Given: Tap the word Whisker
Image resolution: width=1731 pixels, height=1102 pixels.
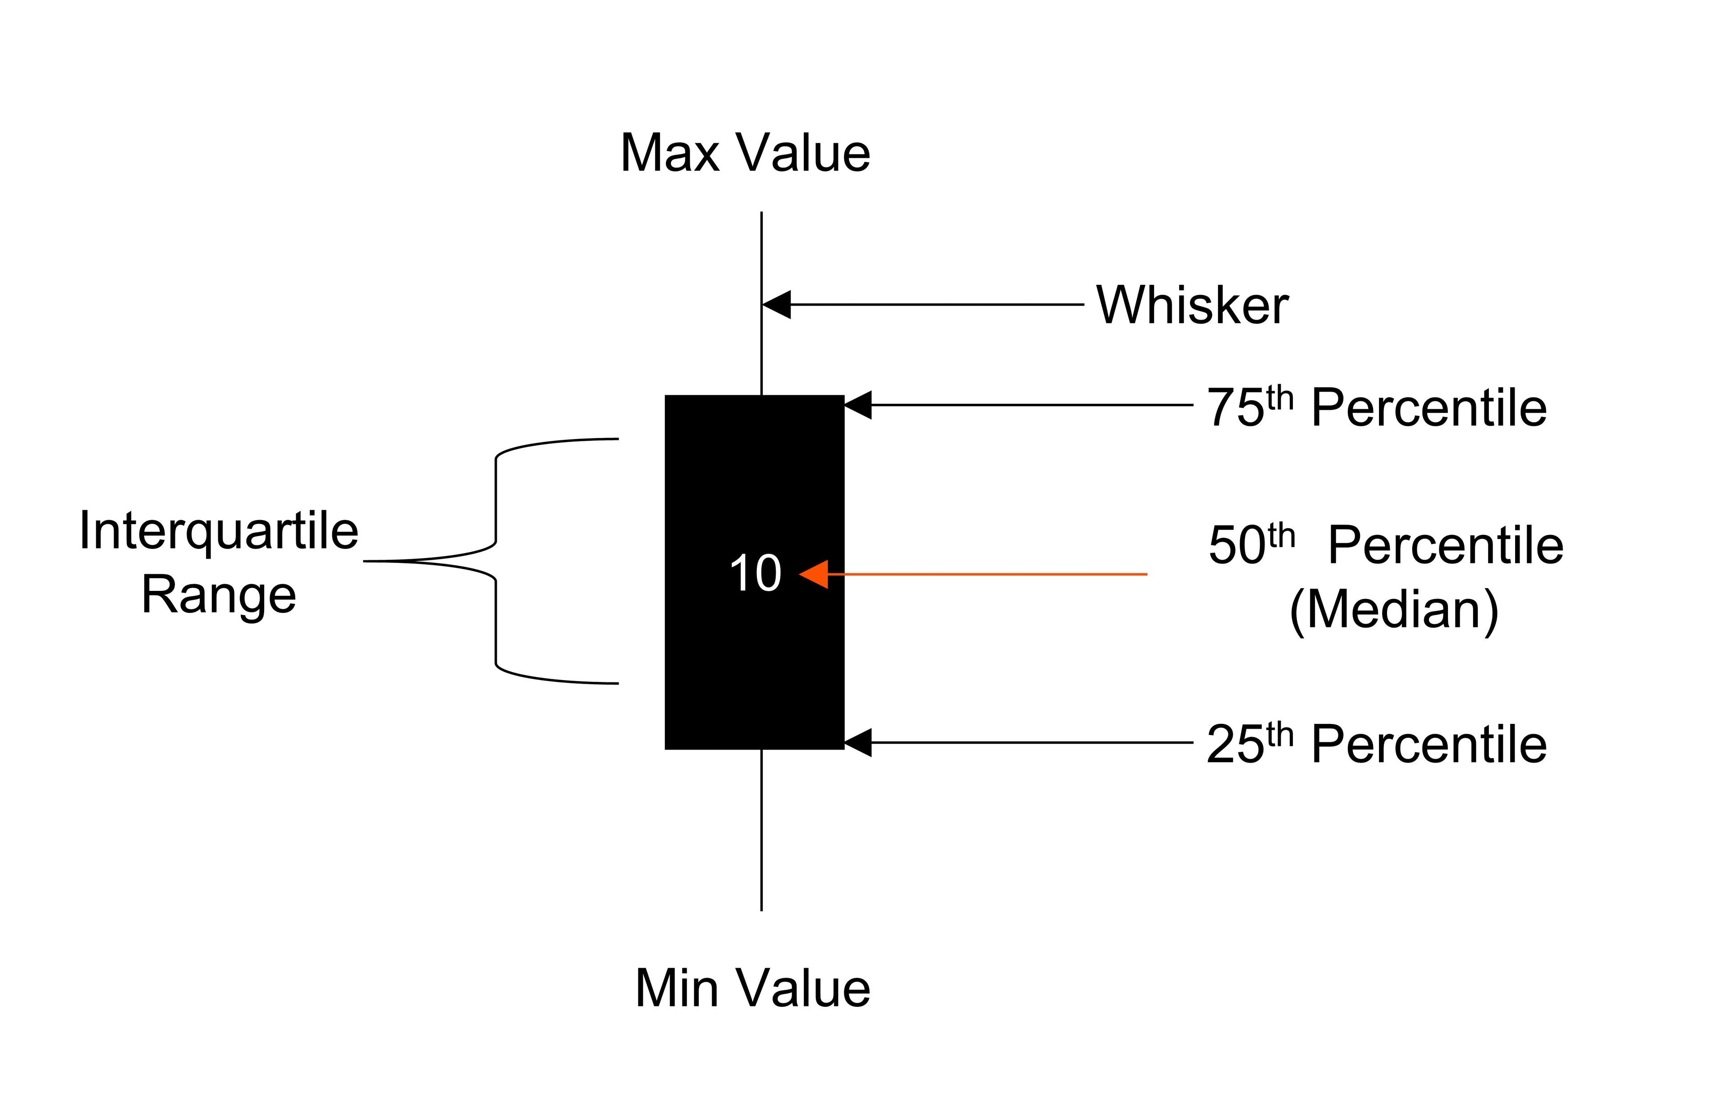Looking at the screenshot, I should (x=1192, y=306).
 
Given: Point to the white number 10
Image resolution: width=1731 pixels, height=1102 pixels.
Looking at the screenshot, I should (x=755, y=574).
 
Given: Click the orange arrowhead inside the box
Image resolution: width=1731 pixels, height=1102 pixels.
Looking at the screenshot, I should (x=815, y=574).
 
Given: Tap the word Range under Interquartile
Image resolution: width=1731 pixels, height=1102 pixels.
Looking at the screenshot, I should (x=219, y=595).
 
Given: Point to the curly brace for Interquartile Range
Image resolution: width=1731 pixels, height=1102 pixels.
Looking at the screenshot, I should (x=495, y=561).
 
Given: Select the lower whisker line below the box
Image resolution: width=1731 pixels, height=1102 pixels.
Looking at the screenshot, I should (x=761, y=827).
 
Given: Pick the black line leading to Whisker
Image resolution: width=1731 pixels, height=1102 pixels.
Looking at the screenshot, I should (x=934, y=305).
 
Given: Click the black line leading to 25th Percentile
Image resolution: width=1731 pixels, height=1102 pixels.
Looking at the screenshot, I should (x=1028, y=743).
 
